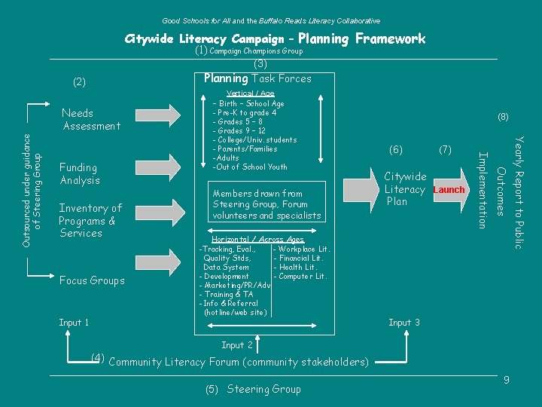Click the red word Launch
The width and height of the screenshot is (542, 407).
449,190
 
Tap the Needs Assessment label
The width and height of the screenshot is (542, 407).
91,120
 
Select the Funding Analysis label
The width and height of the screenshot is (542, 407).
79,174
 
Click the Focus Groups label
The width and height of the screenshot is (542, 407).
92,280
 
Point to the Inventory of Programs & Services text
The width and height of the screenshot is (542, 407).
90,221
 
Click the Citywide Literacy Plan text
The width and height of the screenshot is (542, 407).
405,189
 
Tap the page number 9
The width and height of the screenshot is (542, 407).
507,380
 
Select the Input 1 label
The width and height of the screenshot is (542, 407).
74,323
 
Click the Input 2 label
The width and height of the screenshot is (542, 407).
237,345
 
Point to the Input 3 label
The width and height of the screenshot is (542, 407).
404,323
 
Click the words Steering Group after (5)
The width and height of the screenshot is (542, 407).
263,389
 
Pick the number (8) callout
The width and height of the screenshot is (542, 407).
503,117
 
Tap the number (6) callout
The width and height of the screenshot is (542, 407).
396,151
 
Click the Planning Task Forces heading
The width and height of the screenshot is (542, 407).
257,78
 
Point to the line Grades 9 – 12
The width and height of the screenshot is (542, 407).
239,130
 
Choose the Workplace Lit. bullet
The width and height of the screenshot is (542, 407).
302,249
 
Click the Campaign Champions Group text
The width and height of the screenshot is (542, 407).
256,51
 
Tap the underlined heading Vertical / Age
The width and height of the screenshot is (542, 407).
251,93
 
